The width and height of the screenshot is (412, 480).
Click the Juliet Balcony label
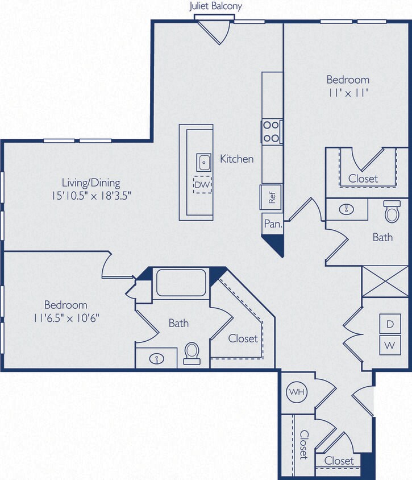tap(215, 6)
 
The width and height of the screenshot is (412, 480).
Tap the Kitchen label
tap(237, 159)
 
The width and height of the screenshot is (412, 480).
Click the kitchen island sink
tap(203, 162)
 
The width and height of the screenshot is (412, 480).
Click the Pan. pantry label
tap(273, 224)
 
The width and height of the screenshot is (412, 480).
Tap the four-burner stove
tap(272, 131)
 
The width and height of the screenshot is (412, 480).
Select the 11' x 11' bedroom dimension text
tap(347, 93)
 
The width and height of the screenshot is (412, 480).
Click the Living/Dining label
tap(91, 183)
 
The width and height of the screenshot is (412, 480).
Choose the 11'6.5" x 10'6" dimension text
tap(66, 318)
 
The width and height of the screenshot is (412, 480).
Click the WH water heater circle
tap(296, 392)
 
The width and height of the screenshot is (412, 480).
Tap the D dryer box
tap(390, 324)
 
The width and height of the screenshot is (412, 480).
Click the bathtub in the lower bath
tap(181, 283)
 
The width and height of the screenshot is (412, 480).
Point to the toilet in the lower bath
tap(192, 353)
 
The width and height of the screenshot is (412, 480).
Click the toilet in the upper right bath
tap(392, 212)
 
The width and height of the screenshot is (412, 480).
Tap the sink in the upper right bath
tap(347, 209)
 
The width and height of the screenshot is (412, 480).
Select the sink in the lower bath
tap(156, 358)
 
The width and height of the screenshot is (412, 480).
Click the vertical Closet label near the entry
tap(303, 444)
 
